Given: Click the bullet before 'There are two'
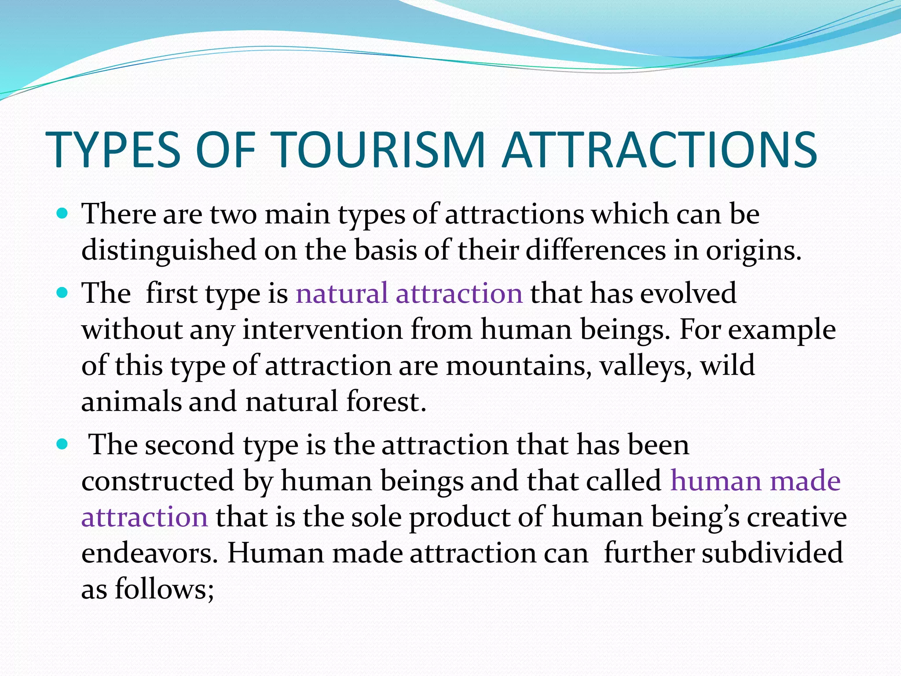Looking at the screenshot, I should coord(62,214).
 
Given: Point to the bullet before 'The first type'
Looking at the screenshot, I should coord(62,293).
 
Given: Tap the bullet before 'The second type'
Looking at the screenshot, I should coord(62,445).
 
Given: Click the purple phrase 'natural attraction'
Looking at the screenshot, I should coord(409,294).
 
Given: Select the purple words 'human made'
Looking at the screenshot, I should coord(755,481).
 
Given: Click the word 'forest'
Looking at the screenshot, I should coord(386,402).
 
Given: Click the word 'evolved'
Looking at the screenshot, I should coord(688,294).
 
